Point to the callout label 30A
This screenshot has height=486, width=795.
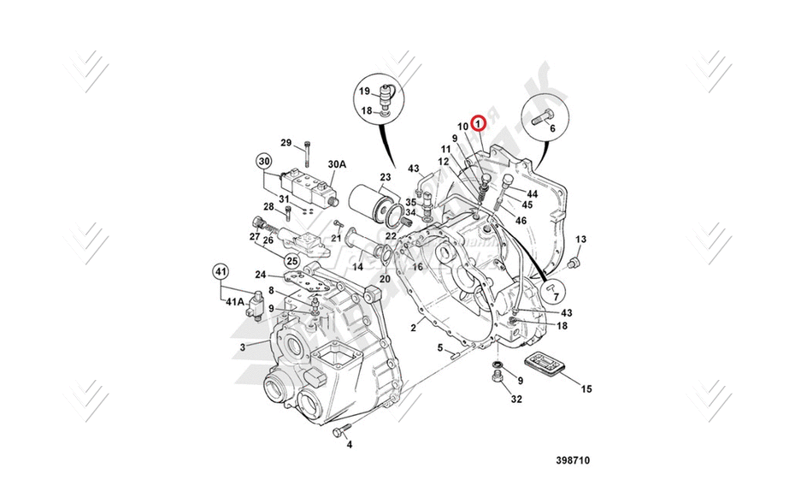[336, 163]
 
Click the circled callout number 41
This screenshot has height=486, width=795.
[221, 272]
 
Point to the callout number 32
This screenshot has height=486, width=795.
[515, 398]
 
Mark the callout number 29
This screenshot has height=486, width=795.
[286, 142]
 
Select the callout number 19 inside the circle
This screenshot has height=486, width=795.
[363, 91]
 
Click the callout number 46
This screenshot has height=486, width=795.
[521, 220]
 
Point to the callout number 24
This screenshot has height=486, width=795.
[260, 276]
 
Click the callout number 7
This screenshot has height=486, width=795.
[557, 297]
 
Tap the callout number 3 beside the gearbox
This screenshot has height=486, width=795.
[242, 347]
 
